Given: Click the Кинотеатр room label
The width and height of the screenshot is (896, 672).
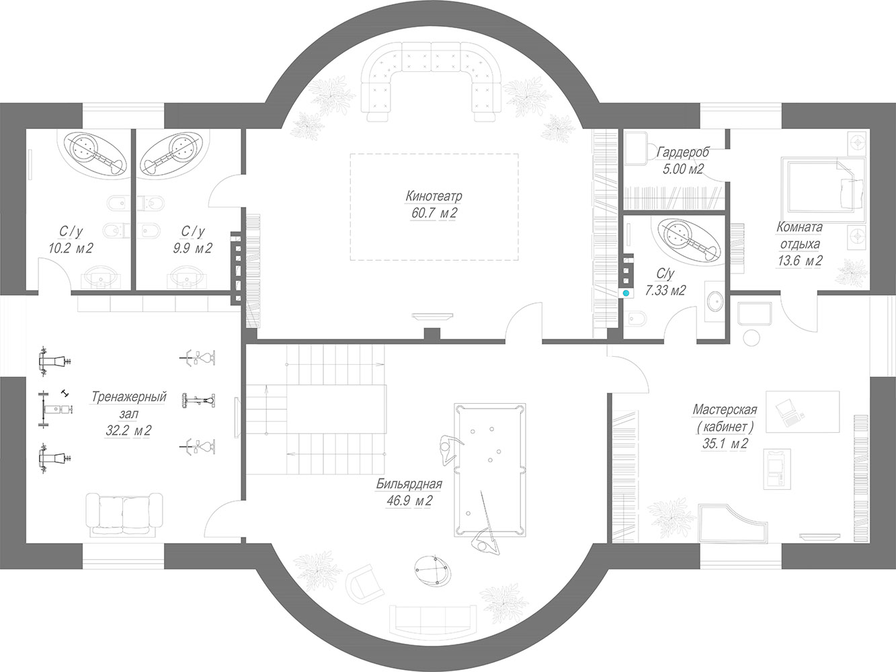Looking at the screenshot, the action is (x=434, y=196).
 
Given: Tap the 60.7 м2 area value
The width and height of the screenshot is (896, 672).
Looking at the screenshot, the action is (x=434, y=213).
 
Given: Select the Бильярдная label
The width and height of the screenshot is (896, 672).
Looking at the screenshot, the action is (x=409, y=485).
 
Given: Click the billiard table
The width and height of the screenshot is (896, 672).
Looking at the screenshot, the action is (x=490, y=470).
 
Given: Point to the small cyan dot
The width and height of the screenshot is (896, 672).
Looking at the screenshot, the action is (x=626, y=293).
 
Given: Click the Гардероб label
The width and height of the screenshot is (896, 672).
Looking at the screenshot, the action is (x=684, y=153).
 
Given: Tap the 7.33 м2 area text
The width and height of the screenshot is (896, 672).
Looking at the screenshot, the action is (x=665, y=290).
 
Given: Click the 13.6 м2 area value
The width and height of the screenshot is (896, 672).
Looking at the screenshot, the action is (x=799, y=261).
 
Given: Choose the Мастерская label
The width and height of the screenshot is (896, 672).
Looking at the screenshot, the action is (x=725, y=409).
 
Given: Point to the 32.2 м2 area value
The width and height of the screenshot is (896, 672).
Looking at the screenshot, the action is (x=128, y=431).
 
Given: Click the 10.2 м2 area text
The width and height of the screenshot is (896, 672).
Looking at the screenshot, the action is (x=71, y=248).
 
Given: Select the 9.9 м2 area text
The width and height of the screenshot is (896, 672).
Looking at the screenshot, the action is (x=192, y=248).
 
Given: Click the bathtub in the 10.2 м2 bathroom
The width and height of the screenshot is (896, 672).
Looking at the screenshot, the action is (x=95, y=153).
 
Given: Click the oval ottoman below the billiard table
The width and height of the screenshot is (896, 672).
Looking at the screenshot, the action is (x=433, y=571).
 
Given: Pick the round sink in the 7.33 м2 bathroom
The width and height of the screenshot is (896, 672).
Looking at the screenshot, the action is (x=715, y=301).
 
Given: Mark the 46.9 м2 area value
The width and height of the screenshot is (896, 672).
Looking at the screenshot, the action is (x=409, y=501).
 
